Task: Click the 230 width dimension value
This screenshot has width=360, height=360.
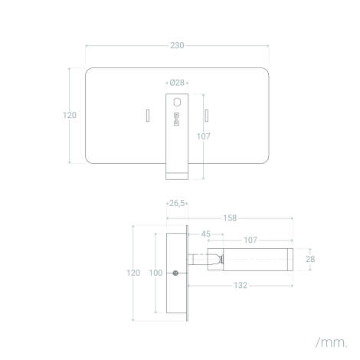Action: pyautogui.click(x=176, y=45)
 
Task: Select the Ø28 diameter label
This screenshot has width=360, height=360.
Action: pyautogui.click(x=176, y=83)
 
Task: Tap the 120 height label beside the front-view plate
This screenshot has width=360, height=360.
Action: pyautogui.click(x=70, y=116)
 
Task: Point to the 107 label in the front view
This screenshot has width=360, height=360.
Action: pyautogui.click(x=204, y=136)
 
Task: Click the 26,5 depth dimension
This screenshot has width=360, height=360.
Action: pyautogui.click(x=177, y=204)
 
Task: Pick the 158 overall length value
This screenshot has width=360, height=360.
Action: pyautogui.click(x=229, y=218)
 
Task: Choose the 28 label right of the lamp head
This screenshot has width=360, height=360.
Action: pyautogui.click(x=310, y=260)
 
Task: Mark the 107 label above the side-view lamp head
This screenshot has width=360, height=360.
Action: pyautogui.click(x=250, y=241)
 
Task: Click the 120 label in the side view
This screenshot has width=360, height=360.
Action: pyautogui.click(x=133, y=273)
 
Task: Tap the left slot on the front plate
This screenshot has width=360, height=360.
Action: pyautogui.click(x=146, y=116)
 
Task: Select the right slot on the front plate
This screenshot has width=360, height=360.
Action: pyautogui.click(x=206, y=116)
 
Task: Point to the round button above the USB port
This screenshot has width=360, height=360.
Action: pyautogui.click(x=177, y=102)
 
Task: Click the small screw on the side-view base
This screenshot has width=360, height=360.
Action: pyautogui.click(x=176, y=273)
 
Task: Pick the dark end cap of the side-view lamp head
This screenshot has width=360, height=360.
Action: pyautogui.click(x=290, y=260)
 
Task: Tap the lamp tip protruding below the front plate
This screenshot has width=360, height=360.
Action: pyautogui.click(x=176, y=175)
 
